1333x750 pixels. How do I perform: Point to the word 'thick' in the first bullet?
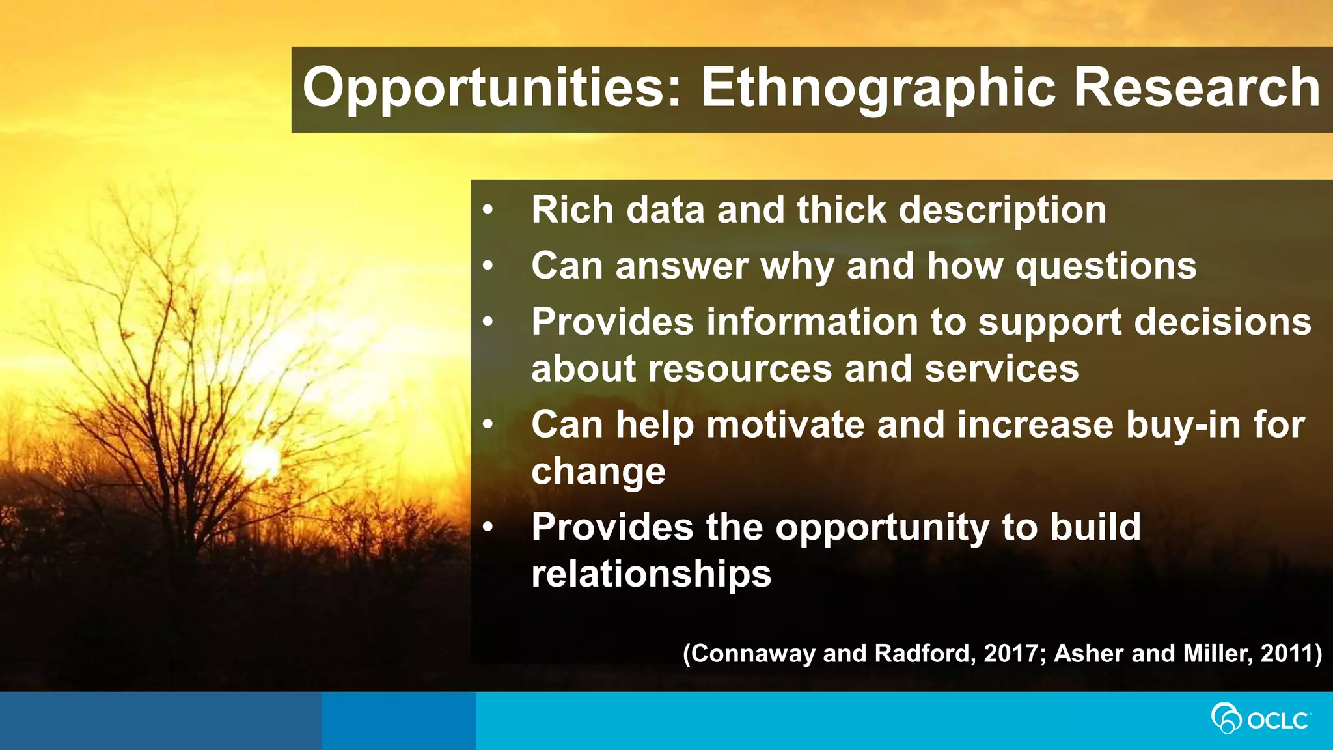[842, 210]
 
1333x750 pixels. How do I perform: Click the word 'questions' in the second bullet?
[1106, 267]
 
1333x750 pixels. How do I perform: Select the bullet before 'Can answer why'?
[488, 266]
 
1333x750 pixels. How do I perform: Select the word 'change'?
[598, 471]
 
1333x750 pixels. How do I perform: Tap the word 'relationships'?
[651, 574]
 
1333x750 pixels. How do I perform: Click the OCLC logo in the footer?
[1260, 720]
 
